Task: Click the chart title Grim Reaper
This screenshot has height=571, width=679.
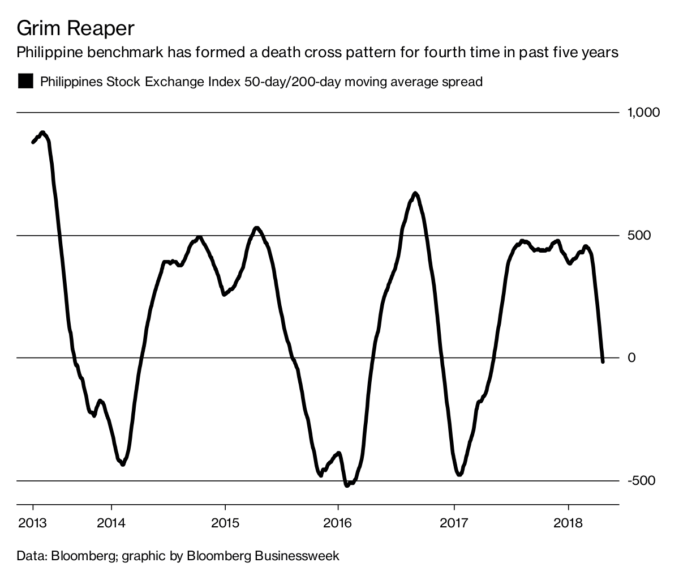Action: tap(76, 28)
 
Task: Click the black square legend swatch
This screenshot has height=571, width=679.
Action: tap(25, 81)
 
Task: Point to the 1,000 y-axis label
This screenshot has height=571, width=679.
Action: tap(643, 112)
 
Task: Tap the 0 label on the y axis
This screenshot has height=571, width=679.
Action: tap(632, 357)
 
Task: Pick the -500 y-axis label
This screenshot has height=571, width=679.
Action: tap(639, 480)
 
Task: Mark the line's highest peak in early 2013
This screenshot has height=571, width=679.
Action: tap(43, 133)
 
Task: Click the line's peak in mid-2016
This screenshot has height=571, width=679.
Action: tap(415, 194)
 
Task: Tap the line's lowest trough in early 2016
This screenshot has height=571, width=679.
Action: tap(347, 484)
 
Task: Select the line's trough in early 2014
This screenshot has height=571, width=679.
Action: tap(123, 464)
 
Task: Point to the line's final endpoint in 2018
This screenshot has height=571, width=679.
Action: tap(603, 361)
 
